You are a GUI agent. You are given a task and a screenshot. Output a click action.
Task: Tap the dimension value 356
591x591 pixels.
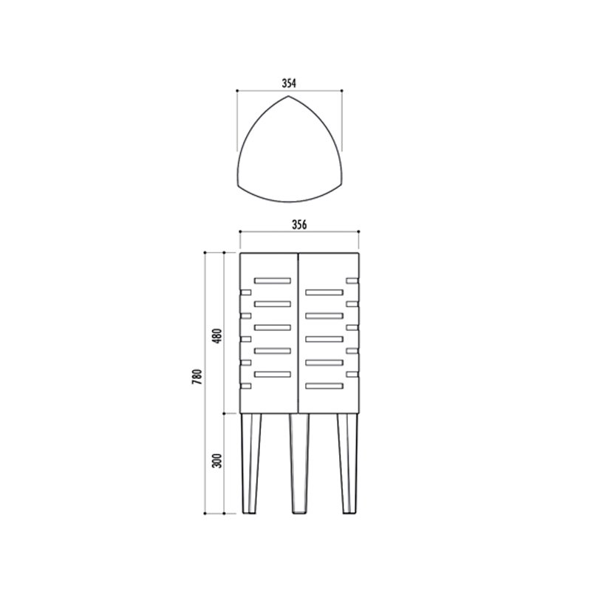pos(299,224)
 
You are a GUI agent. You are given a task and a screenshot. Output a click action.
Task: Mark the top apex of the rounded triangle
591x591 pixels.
pos(289,98)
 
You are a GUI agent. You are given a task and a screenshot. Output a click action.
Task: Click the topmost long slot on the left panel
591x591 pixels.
pos(273,281)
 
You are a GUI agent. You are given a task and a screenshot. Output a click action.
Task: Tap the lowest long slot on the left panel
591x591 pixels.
pos(273,374)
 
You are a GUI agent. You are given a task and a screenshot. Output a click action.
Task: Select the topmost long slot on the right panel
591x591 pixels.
pos(324,293)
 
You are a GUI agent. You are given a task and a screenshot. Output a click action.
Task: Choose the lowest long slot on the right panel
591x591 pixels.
pos(324,385)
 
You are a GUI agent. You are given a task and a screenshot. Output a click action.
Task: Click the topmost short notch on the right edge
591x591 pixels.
pos(352,281)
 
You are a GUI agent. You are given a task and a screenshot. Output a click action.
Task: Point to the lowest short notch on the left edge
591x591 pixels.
pos(245,385)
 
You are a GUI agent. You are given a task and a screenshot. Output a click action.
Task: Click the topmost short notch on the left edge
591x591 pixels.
pos(245,293)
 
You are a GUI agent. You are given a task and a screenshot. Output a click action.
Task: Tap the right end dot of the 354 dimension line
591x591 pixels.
pos(341,91)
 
